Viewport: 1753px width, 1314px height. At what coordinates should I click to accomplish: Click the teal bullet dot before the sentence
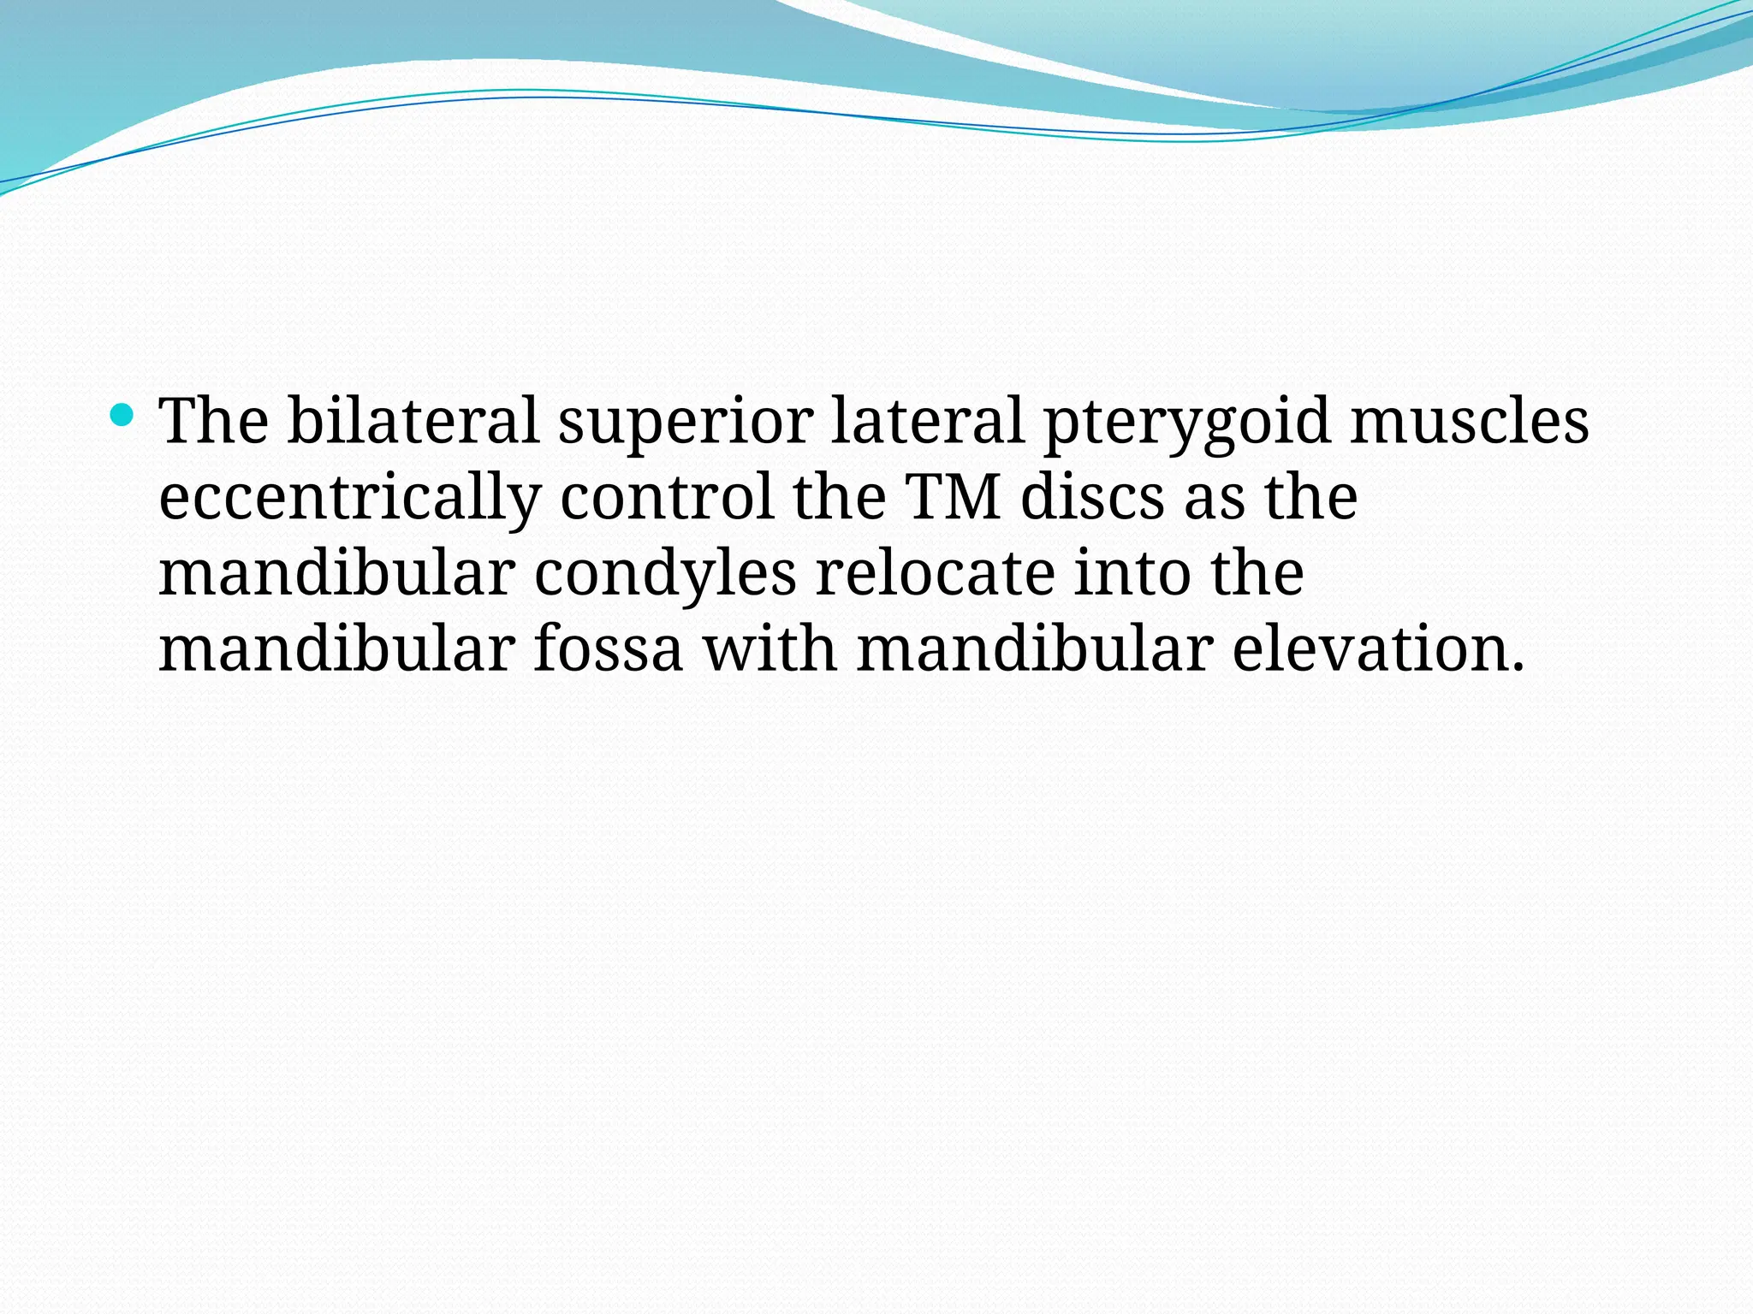coord(122,416)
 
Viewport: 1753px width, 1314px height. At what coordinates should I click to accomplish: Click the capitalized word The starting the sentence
coord(214,421)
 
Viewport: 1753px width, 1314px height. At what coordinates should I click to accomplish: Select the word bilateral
coord(413,421)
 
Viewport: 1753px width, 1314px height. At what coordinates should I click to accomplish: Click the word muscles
coord(1470,421)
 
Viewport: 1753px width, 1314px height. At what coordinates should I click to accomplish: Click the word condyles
coord(665,575)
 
